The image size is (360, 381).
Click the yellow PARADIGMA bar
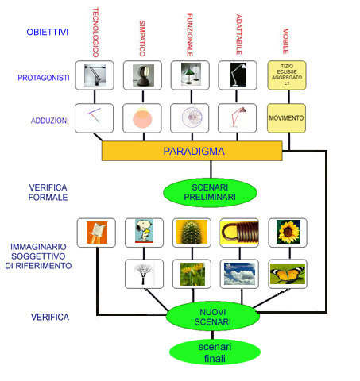point(192,151)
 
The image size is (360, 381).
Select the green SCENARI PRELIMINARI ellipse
point(210,192)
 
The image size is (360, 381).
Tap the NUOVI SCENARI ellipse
point(213,317)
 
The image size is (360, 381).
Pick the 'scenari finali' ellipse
point(215,352)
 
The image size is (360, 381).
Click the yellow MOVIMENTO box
point(286,118)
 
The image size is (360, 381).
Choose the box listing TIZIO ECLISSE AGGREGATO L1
point(287,75)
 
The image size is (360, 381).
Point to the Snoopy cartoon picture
point(144,231)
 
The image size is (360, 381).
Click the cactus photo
point(192,232)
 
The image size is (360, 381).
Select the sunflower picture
point(288,232)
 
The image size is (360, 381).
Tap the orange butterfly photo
point(288,274)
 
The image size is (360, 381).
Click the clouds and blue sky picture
point(239,274)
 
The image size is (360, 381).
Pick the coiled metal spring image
point(239,233)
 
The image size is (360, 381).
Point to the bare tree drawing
point(144,274)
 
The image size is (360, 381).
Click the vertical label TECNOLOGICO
point(95,33)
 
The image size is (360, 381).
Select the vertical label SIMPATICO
point(142,38)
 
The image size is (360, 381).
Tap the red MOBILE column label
point(285,41)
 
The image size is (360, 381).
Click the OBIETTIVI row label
point(48,32)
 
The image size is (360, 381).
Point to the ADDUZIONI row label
point(50,121)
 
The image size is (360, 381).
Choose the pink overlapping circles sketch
point(142,118)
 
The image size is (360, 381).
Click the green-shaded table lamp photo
point(191,75)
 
